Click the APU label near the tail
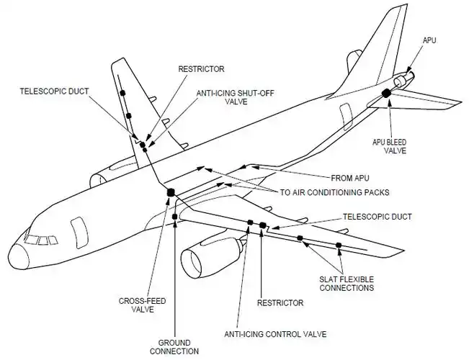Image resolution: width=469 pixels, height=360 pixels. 431,42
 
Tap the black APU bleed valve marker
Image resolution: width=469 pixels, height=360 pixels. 386,92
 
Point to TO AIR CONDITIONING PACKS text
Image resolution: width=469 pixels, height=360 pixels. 335,192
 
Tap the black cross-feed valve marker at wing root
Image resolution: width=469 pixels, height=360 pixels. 171,192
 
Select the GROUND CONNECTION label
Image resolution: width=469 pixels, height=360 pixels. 174,346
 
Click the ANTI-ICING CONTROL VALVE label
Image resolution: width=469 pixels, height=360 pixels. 274,334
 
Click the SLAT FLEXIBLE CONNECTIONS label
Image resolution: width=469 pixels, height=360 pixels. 347,283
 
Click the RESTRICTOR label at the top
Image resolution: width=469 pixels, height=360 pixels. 201,69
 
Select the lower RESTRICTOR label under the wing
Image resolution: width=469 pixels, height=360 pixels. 280,303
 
